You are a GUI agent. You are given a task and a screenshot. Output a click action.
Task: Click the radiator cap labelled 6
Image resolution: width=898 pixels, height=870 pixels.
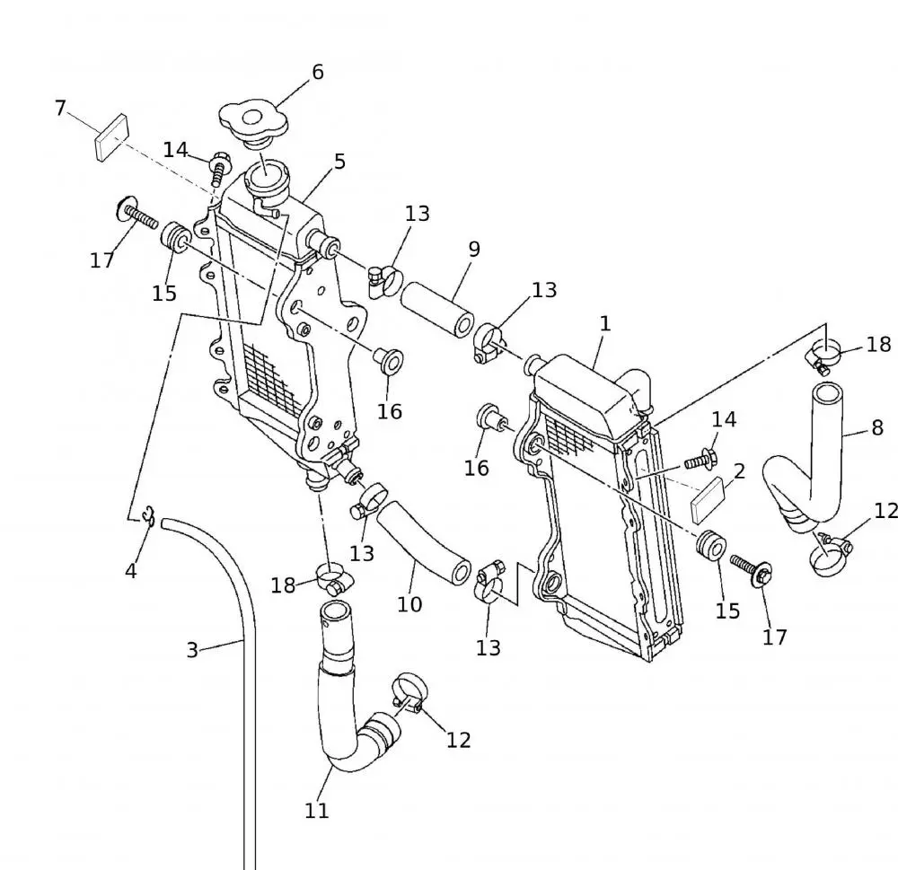251,123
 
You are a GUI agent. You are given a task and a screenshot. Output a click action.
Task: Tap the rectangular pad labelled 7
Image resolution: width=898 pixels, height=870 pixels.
109,137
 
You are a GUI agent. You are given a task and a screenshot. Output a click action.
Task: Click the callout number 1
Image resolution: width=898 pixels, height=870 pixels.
605,323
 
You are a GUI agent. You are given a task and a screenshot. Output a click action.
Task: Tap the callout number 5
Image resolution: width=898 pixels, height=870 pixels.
339,163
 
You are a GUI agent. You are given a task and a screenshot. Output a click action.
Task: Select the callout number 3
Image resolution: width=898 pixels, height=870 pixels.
191,649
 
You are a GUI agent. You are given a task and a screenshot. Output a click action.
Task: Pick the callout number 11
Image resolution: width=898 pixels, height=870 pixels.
316,810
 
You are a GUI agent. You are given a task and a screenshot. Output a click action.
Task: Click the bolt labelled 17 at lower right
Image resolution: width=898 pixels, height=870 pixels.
750,567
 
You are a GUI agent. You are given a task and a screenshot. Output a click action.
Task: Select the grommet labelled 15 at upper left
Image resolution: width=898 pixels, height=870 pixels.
175,239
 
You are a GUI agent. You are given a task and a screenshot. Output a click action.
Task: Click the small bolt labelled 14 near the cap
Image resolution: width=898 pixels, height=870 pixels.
219,168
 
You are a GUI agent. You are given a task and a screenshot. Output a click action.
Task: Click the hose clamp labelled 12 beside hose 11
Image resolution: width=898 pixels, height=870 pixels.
409,694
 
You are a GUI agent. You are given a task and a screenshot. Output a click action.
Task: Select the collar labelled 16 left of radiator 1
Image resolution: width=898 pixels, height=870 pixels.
490,418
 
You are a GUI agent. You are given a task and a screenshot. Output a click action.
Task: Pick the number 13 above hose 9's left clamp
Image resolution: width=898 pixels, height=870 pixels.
417,214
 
